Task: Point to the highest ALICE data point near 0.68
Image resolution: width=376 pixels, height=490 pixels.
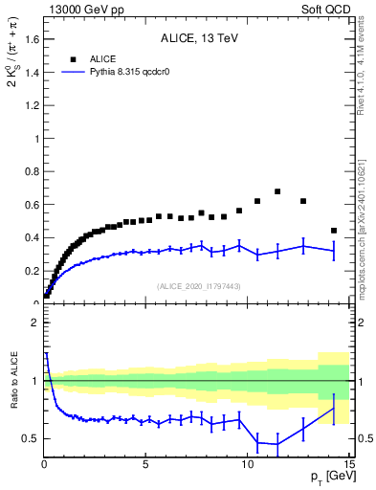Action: pos(277,191)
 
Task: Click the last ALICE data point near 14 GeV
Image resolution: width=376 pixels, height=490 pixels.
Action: pos(333,231)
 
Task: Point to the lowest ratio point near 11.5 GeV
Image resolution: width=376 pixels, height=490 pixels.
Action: pos(277,444)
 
